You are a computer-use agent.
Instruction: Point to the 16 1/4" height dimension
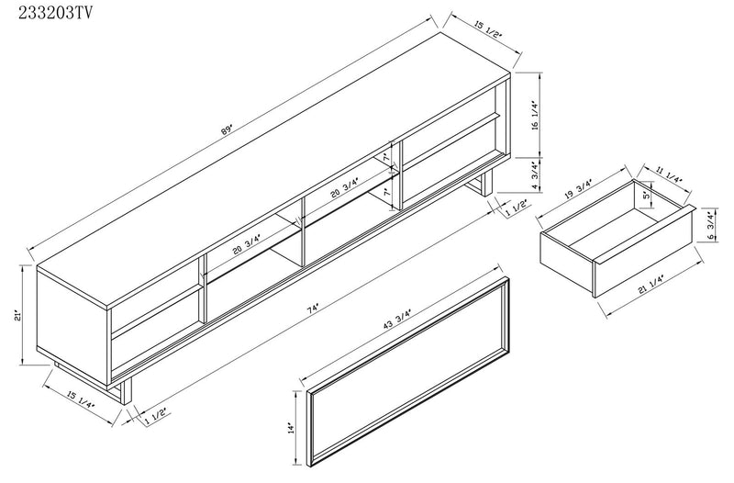coord(534,117)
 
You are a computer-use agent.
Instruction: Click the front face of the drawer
coord(566,262)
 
